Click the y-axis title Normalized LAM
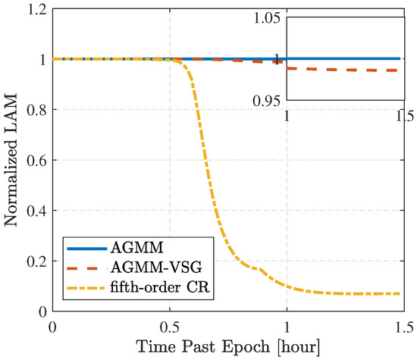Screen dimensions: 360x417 point(13,163)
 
